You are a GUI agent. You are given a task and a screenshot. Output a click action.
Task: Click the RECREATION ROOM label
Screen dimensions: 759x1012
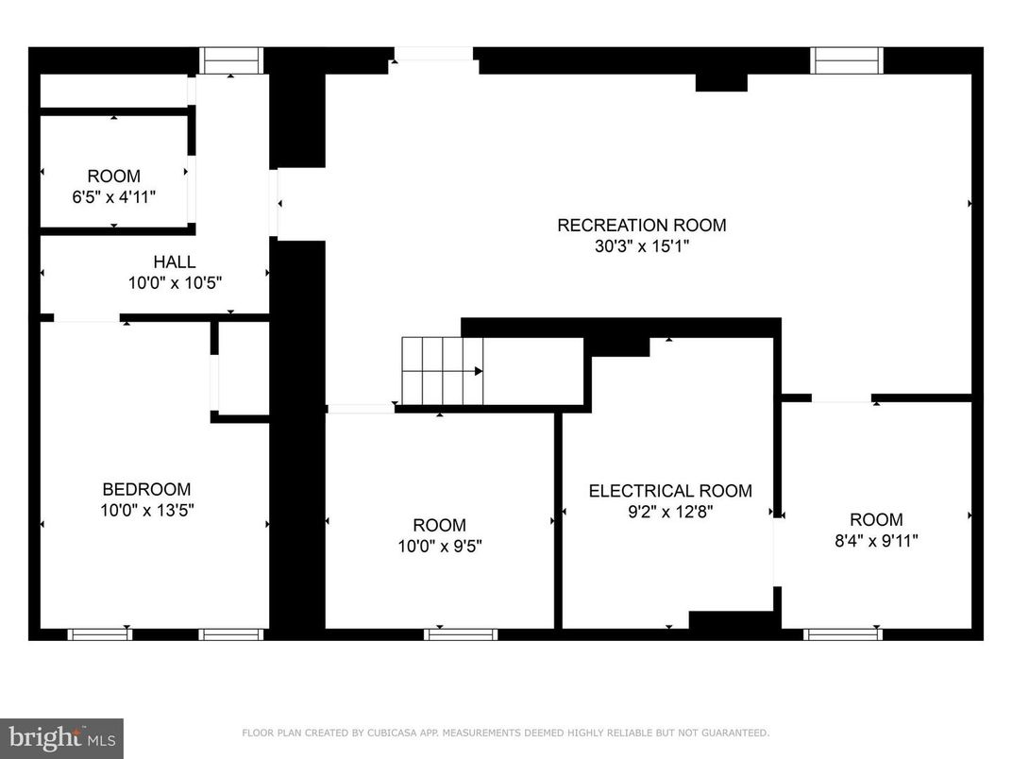(641, 225)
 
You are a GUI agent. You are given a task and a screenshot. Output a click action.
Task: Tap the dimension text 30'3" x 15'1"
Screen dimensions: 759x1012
(641, 246)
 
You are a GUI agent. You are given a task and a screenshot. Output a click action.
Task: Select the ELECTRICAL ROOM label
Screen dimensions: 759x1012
(670, 491)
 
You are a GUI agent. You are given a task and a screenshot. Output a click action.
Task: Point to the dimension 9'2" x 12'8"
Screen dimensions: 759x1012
(670, 513)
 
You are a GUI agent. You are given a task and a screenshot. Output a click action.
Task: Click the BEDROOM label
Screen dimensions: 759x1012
(146, 489)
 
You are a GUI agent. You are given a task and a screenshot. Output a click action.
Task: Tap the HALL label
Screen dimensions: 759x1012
(175, 261)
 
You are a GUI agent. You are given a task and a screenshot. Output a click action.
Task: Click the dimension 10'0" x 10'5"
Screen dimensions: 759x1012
(176, 282)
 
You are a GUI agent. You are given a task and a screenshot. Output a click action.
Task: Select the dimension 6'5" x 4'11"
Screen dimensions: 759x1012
(114, 197)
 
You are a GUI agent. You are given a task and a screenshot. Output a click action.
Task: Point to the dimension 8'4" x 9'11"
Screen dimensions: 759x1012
(876, 541)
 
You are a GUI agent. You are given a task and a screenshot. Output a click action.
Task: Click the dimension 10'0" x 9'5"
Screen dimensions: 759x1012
(439, 547)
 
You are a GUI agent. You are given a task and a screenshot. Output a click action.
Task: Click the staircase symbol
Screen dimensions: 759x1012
(443, 371)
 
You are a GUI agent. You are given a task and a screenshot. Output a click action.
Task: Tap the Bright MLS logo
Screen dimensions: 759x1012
(61, 737)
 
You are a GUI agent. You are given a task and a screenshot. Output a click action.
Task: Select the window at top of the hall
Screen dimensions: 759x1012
(231, 60)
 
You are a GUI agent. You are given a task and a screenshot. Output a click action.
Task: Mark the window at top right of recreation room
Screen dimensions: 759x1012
(848, 60)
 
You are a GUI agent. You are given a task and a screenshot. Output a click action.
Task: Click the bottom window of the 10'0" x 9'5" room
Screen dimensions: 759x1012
(460, 634)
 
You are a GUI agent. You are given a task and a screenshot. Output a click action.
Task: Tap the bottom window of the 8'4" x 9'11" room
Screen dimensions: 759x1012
(843, 634)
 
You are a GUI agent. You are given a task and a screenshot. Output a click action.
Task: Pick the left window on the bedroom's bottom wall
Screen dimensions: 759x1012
(99, 634)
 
